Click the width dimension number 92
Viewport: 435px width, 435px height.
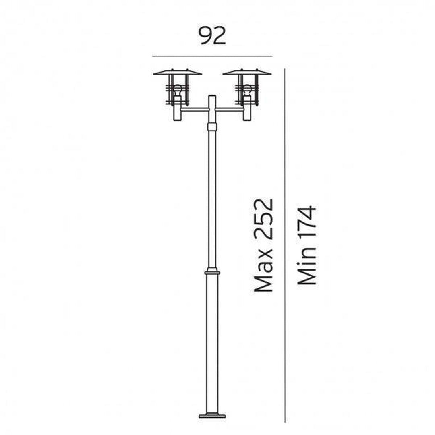point(212,36)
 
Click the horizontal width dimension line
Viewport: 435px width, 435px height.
point(212,56)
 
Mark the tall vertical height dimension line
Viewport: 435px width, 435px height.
point(285,246)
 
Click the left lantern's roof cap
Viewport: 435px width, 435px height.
point(178,72)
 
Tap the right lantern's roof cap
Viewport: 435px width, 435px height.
point(247,72)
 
